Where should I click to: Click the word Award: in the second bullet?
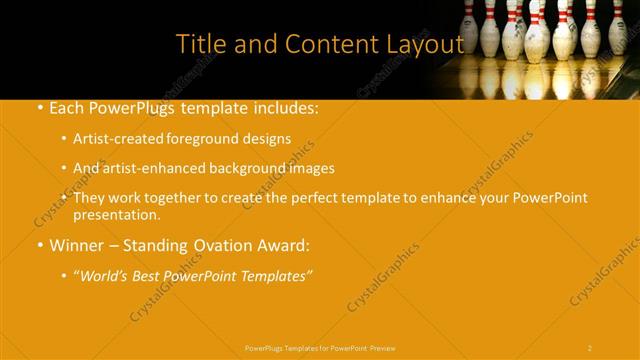point(285,245)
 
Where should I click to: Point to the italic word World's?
point(108,275)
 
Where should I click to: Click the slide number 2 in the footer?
point(590,347)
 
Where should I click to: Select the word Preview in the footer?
point(383,347)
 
